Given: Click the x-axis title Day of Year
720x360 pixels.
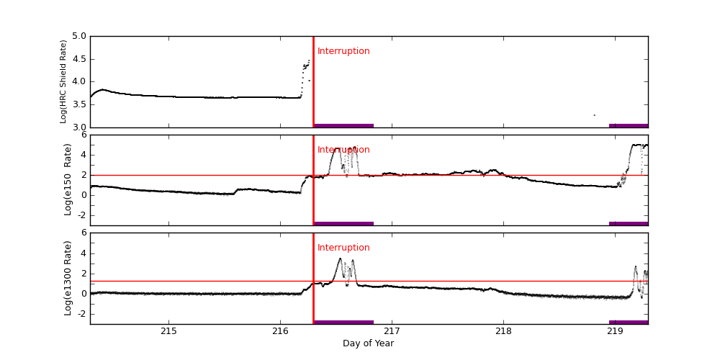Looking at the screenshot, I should click(368, 343).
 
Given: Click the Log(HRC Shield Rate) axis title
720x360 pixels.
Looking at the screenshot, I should click(63, 81).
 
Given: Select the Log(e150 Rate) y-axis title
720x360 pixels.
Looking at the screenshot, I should click(68, 179).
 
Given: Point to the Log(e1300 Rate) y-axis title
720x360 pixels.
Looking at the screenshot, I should click(68, 277).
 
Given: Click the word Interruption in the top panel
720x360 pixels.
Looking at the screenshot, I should click(343, 52).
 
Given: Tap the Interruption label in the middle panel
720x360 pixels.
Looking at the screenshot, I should click(343, 150).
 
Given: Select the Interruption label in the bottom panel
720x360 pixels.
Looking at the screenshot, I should click(343, 248).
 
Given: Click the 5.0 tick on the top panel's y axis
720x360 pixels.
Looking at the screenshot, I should click(78, 36).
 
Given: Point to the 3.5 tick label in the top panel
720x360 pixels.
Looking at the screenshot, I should click(78, 104).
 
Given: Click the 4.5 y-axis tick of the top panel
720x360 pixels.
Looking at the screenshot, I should click(78, 59).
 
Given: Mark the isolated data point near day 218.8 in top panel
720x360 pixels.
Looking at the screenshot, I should click(594, 114).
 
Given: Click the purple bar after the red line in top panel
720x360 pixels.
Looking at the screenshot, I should click(343, 125).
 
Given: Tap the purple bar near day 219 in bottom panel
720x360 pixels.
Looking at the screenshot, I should click(629, 322).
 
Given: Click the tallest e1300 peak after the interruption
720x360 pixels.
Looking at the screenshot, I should click(340, 258).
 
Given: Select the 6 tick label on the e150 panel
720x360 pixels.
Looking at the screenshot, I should click(84, 135).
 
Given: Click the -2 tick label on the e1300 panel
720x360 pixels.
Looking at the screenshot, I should click(81, 313).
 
